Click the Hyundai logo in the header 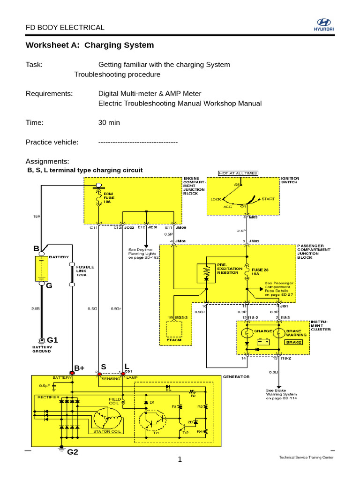click(x=324, y=24)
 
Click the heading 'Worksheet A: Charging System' click(x=89, y=45)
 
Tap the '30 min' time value click(x=109, y=122)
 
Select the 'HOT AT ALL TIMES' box click(x=238, y=173)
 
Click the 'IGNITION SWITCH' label click(x=290, y=180)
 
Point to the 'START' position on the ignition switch click(x=268, y=199)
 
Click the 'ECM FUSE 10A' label click(x=109, y=198)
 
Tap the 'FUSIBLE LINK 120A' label click(x=85, y=271)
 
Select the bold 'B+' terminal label click(x=79, y=368)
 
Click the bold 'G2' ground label click(x=73, y=452)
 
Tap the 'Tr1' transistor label click(x=157, y=433)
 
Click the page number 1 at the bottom click(x=180, y=460)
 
